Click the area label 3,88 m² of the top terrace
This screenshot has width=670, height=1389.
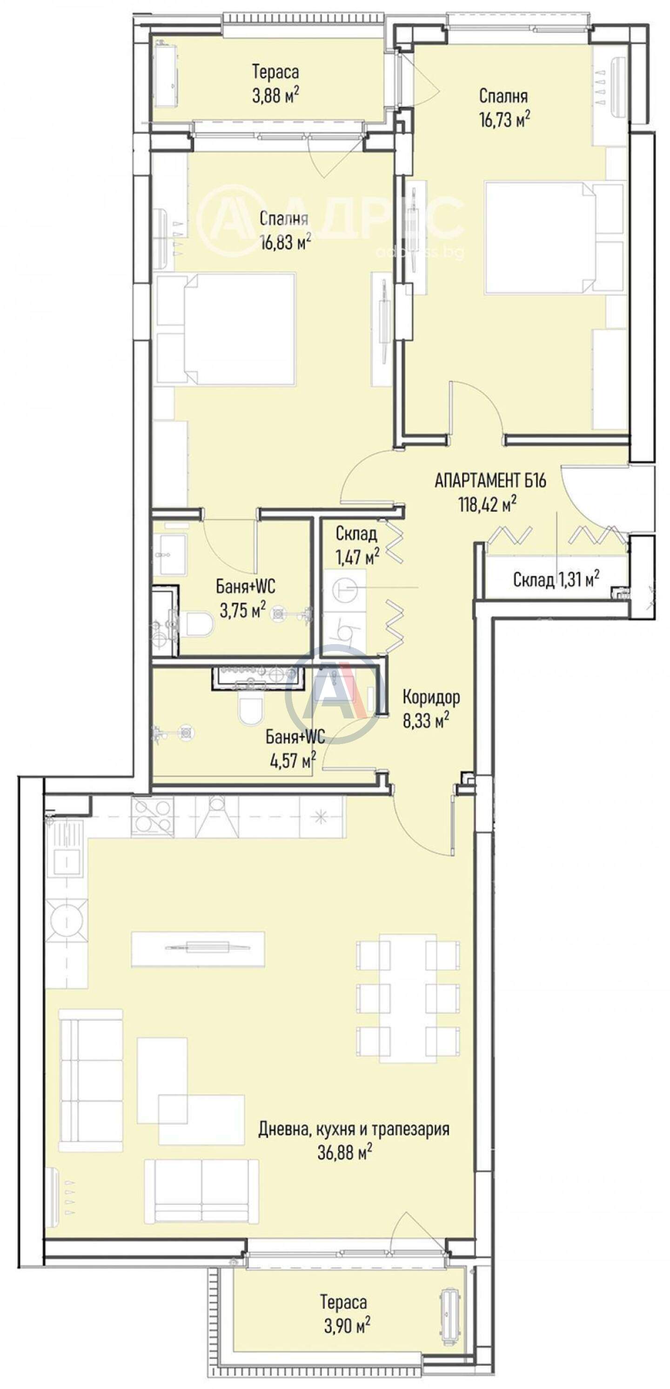click(x=275, y=96)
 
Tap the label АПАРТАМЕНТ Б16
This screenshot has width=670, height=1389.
click(x=490, y=480)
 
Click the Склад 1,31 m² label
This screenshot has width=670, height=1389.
click(x=556, y=579)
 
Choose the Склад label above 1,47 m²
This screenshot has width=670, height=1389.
click(x=356, y=533)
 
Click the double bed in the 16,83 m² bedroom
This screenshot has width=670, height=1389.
click(x=226, y=329)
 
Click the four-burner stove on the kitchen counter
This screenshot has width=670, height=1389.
click(x=153, y=817)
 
